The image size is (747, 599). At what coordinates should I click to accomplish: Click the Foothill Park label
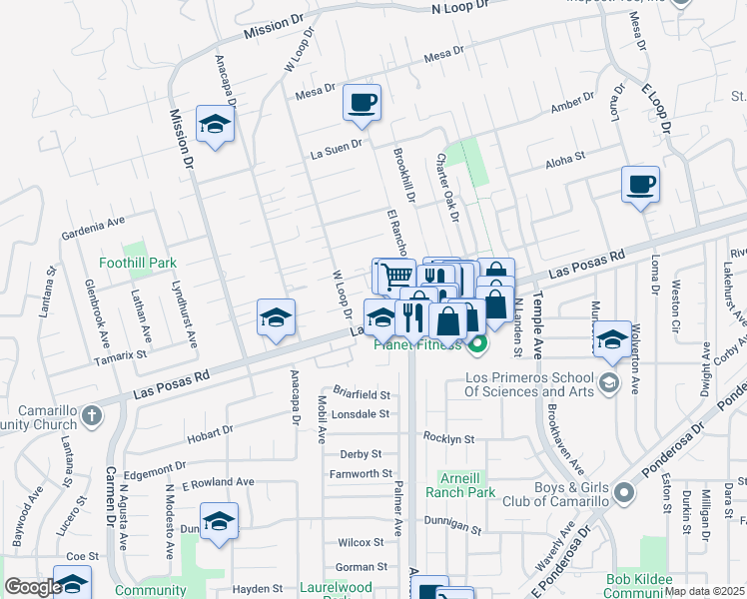[x=138, y=264]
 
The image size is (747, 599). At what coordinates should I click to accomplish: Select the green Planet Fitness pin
[x=477, y=346]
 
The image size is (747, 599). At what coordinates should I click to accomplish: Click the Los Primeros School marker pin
[x=606, y=383]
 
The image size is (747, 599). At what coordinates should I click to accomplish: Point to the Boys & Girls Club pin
[x=623, y=493]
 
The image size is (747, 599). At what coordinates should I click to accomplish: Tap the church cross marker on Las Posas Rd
[x=92, y=414]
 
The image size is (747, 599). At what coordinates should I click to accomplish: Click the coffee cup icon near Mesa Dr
[x=362, y=102]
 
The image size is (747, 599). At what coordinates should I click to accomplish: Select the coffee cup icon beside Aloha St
[x=640, y=185]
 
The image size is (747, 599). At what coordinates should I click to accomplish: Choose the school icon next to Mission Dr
[x=214, y=124]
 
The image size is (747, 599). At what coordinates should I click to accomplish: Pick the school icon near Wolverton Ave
[x=612, y=338]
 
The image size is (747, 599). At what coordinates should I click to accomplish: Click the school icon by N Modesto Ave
[x=219, y=521]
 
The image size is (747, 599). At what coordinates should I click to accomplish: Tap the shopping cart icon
[x=394, y=276]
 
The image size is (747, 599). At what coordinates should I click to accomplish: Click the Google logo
[x=33, y=587]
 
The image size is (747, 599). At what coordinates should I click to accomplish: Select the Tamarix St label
[x=120, y=354]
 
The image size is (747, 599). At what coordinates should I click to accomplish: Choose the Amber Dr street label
[x=572, y=104]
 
